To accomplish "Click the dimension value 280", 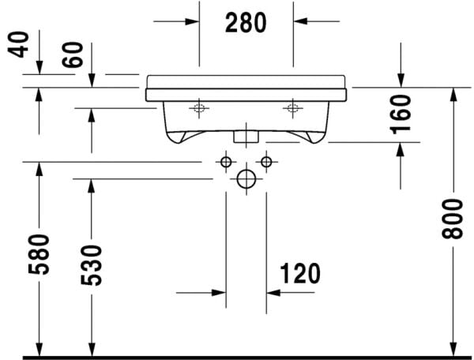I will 246,23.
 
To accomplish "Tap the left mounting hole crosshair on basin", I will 198,108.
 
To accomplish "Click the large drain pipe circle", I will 246,180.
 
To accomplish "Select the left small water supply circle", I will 226,163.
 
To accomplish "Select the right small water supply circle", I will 265,163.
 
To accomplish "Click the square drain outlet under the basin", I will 246,135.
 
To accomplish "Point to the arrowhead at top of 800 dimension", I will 453,92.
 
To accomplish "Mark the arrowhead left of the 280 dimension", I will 193,21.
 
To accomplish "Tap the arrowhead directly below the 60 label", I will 92,79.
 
